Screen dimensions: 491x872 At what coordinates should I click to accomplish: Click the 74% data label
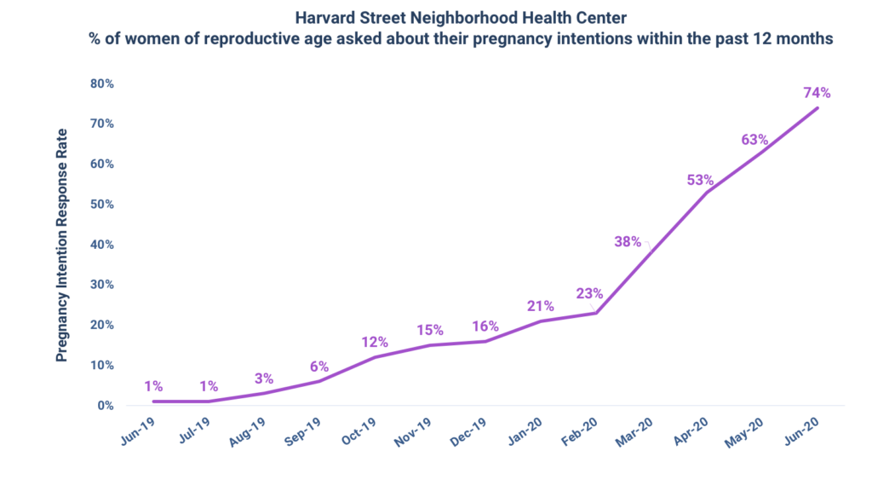[816, 93]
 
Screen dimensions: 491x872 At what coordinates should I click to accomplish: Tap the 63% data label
[754, 140]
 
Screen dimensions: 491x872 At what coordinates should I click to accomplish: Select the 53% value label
[700, 180]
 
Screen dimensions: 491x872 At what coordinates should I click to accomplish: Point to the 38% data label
[628, 241]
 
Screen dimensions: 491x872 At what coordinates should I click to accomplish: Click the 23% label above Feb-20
[588, 294]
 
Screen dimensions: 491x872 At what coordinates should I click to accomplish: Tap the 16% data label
[485, 326]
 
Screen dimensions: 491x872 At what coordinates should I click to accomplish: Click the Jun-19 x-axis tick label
[138, 429]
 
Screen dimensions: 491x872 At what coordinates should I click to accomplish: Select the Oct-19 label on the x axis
[357, 429]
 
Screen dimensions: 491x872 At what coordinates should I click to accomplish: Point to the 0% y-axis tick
[105, 406]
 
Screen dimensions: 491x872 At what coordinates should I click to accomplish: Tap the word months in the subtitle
[806, 39]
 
